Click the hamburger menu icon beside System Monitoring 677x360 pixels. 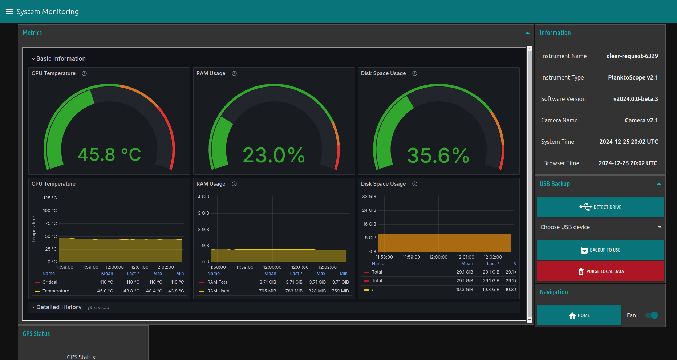tap(9, 12)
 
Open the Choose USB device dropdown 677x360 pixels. tap(600, 227)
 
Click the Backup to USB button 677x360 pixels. tap(600, 250)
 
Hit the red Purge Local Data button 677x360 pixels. tap(600, 271)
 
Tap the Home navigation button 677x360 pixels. tap(579, 315)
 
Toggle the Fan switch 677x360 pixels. tap(652, 315)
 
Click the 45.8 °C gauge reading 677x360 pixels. tap(109, 155)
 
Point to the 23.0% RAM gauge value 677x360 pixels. tap(274, 155)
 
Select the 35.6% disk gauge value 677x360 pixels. tap(438, 155)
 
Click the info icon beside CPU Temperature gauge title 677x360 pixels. tap(84, 73)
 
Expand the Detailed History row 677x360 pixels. tap(58, 307)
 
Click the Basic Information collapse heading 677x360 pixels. tap(60, 59)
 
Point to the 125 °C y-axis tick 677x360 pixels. tap(50, 198)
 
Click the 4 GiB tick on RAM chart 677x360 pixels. tap(203, 197)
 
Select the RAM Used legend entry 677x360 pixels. tap(218, 291)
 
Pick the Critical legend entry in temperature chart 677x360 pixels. tap(50, 282)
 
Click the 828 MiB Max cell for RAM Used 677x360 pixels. tap(317, 291)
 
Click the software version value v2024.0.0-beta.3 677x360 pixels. tap(635, 99)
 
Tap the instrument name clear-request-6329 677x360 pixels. tap(632, 56)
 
